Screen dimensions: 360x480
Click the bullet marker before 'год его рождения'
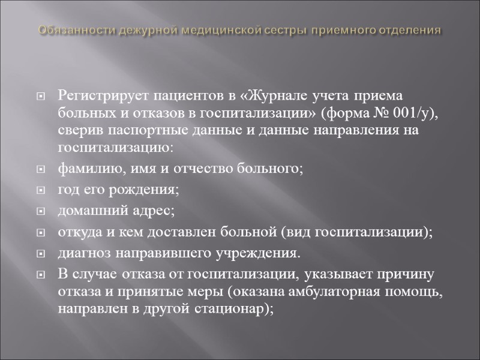[41, 191]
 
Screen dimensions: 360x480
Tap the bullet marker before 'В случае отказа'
[41, 276]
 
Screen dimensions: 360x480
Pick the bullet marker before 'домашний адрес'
[41, 212]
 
